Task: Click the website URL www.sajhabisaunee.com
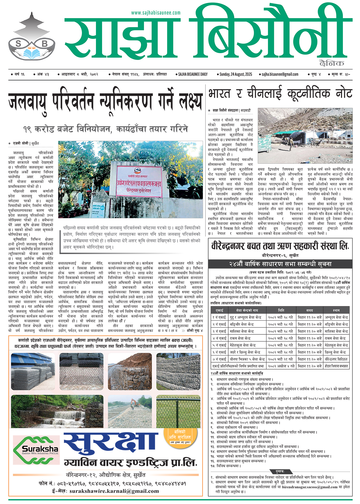coord(156,13)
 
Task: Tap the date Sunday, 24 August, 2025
coord(235,74)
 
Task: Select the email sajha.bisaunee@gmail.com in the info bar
coord(280,74)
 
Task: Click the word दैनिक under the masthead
coord(331,63)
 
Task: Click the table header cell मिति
coord(281,310)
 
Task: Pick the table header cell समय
coord(310,310)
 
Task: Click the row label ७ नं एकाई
coord(219,359)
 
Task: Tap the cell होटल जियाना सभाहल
coord(336,366)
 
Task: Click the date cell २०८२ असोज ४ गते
coord(281,366)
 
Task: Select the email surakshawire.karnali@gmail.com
coord(114,491)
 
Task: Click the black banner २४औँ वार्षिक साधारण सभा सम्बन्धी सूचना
coord(280,264)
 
